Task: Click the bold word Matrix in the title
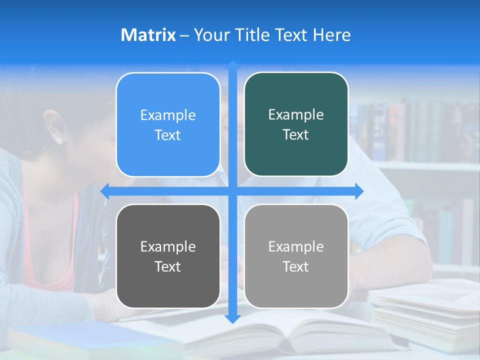pos(148,35)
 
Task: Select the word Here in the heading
pos(331,35)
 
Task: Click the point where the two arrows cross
pos(232,191)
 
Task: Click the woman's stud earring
pos(59,140)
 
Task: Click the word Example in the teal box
pos(296,114)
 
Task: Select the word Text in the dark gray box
pos(168,266)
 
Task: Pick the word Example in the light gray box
pos(296,246)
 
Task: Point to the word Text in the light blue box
pos(168,135)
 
